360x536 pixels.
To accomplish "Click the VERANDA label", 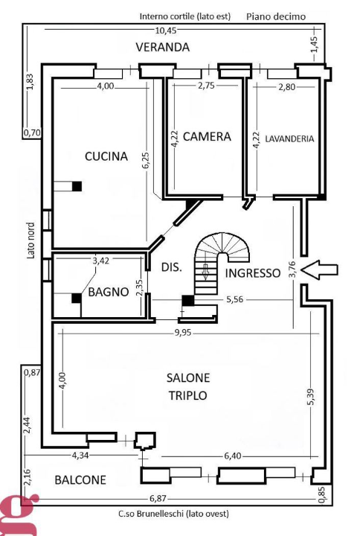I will (x=162, y=47).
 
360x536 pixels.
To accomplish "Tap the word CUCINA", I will (x=106, y=156).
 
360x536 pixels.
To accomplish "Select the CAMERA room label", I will (x=207, y=137).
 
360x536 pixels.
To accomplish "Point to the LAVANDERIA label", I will (x=289, y=138).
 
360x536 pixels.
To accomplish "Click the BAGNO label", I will (x=110, y=293).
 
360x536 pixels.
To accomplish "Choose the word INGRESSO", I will (x=253, y=273).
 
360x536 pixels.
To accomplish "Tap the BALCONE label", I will (x=80, y=480).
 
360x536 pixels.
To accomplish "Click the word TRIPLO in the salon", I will (x=188, y=395).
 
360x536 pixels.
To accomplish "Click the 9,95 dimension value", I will (x=182, y=333).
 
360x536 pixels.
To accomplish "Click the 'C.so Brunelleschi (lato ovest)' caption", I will (x=174, y=514).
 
